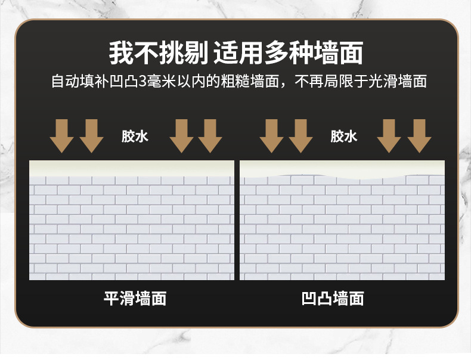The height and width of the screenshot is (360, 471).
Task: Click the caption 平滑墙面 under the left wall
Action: pos(135,299)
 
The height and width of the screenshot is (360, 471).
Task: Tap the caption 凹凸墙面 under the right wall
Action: pos(333,299)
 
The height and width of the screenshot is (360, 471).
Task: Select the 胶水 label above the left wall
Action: pos(135,136)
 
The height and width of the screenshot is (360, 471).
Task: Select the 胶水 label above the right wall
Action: pos(344,136)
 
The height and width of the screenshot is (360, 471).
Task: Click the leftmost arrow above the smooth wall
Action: pos(61,135)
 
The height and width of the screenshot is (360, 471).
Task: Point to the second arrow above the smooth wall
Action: pos(91,135)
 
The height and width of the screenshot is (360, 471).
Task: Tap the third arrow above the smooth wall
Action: pos(181,135)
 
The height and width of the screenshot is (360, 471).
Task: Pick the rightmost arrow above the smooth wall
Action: pos(210,135)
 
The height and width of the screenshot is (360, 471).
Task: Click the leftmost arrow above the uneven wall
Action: pos(271,135)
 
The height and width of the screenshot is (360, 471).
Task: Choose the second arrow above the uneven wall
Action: pos(300,135)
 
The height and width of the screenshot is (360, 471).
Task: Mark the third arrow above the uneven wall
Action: pos(389,135)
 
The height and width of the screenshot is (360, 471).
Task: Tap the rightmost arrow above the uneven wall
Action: pos(419,135)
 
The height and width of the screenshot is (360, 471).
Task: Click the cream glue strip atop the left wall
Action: pos(131,167)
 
